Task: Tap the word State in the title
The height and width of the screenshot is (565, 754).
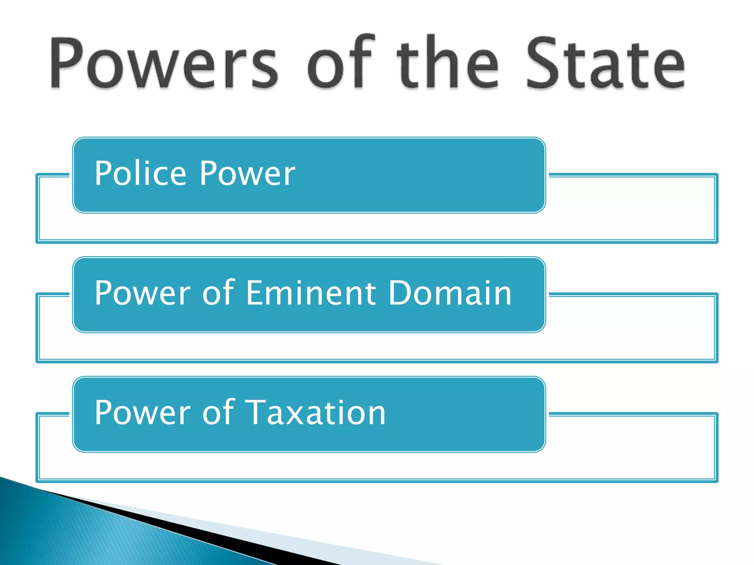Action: pyautogui.click(x=606, y=63)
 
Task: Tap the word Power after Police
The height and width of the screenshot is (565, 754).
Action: pyautogui.click(x=247, y=174)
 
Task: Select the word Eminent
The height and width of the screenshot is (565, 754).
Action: pyautogui.click(x=311, y=293)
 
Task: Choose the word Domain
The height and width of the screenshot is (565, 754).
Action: pyautogui.click(x=450, y=293)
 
